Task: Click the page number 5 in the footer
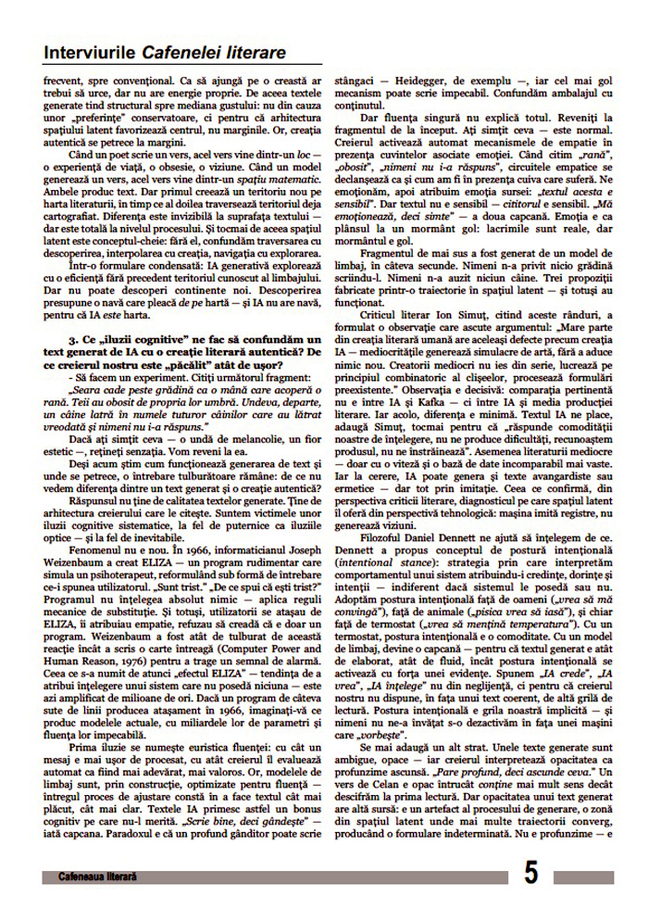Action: point(530,873)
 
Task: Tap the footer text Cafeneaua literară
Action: point(96,876)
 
